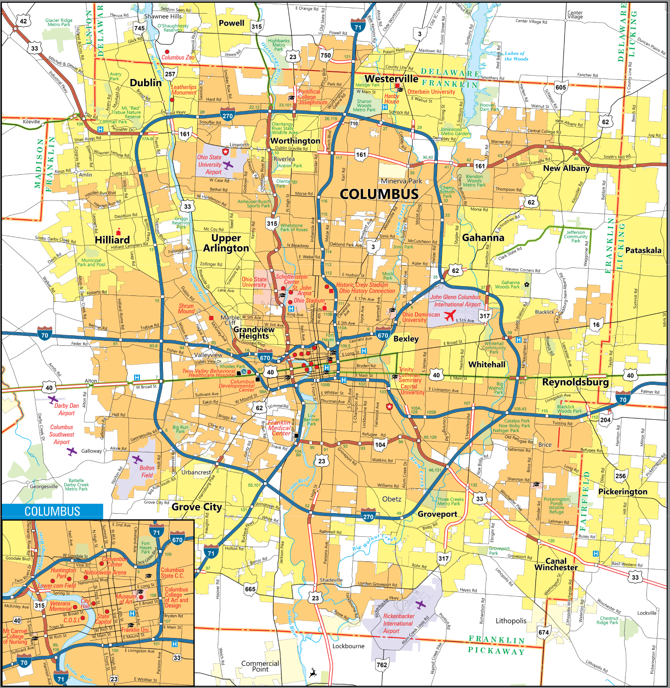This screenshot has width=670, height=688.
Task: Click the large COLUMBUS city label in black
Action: tap(379, 194)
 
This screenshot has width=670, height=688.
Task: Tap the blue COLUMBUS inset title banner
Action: tap(52, 511)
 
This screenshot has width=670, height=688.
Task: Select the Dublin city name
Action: tap(145, 83)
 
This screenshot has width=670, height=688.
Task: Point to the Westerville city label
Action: tap(391, 78)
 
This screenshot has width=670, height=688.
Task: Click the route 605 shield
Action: tap(561, 88)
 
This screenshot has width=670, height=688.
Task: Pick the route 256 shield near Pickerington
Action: tap(620, 476)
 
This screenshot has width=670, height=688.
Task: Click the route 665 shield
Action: tap(250, 589)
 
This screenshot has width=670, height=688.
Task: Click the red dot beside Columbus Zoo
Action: tap(167, 52)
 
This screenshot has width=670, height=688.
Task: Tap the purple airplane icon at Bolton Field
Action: tap(137, 459)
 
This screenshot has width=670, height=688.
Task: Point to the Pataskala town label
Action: tap(643, 250)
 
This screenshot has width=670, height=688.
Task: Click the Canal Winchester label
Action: tap(556, 564)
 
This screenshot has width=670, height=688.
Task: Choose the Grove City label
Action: tap(196, 507)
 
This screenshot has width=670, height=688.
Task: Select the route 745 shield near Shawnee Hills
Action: tap(140, 28)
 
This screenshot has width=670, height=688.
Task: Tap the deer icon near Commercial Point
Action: tap(313, 673)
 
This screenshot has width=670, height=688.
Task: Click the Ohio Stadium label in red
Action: tap(309, 301)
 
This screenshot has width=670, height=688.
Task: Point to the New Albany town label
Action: tap(566, 168)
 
